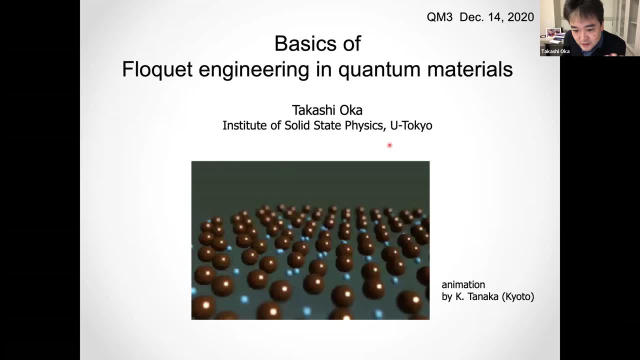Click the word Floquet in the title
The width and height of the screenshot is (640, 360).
[157, 69]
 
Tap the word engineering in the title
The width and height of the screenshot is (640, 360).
[254, 70]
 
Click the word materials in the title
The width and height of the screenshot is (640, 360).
[470, 69]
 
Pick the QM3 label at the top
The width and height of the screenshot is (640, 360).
[439, 17]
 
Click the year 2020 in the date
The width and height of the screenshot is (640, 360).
[521, 17]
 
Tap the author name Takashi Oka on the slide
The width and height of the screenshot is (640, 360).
[327, 110]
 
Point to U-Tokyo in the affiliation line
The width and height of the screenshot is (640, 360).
[411, 125]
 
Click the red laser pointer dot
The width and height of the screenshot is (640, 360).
[389, 145]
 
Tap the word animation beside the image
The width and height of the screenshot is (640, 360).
[463, 284]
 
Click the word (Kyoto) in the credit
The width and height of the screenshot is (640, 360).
[518, 296]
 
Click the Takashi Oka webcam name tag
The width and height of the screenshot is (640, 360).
[555, 51]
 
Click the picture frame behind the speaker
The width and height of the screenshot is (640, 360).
[553, 33]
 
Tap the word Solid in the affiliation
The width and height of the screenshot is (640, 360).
[297, 125]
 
